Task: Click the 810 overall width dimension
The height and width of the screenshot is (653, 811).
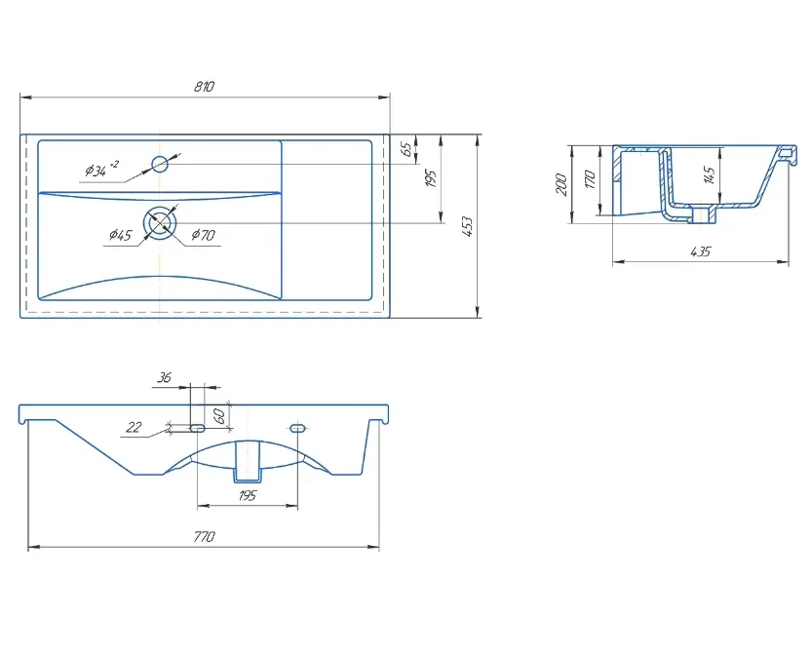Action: (x=205, y=87)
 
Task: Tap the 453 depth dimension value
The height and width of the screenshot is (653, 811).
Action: (x=467, y=226)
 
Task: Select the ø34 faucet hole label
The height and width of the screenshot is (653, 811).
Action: (x=101, y=169)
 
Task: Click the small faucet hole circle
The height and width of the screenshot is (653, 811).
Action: (x=160, y=164)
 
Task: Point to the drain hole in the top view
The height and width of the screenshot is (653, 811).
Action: (x=161, y=223)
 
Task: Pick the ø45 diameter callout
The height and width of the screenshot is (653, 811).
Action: (x=120, y=235)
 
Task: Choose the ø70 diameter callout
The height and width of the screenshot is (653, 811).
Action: (x=203, y=235)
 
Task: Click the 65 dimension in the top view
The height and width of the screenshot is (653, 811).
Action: (x=407, y=149)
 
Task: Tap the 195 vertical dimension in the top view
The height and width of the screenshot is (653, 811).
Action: (x=431, y=178)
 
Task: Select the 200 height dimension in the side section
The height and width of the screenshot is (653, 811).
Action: (x=561, y=184)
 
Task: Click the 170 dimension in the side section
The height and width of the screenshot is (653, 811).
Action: (x=590, y=179)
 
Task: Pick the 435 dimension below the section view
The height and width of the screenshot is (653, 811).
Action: (x=701, y=251)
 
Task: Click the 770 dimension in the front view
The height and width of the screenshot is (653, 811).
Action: (x=204, y=537)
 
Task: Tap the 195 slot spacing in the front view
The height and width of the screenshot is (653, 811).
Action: (x=248, y=496)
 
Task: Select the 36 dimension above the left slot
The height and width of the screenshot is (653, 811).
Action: (x=164, y=378)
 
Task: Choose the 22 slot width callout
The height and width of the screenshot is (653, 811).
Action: (x=134, y=427)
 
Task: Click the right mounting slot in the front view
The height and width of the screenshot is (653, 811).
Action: (x=298, y=428)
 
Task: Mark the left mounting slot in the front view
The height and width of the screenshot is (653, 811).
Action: (x=198, y=428)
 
